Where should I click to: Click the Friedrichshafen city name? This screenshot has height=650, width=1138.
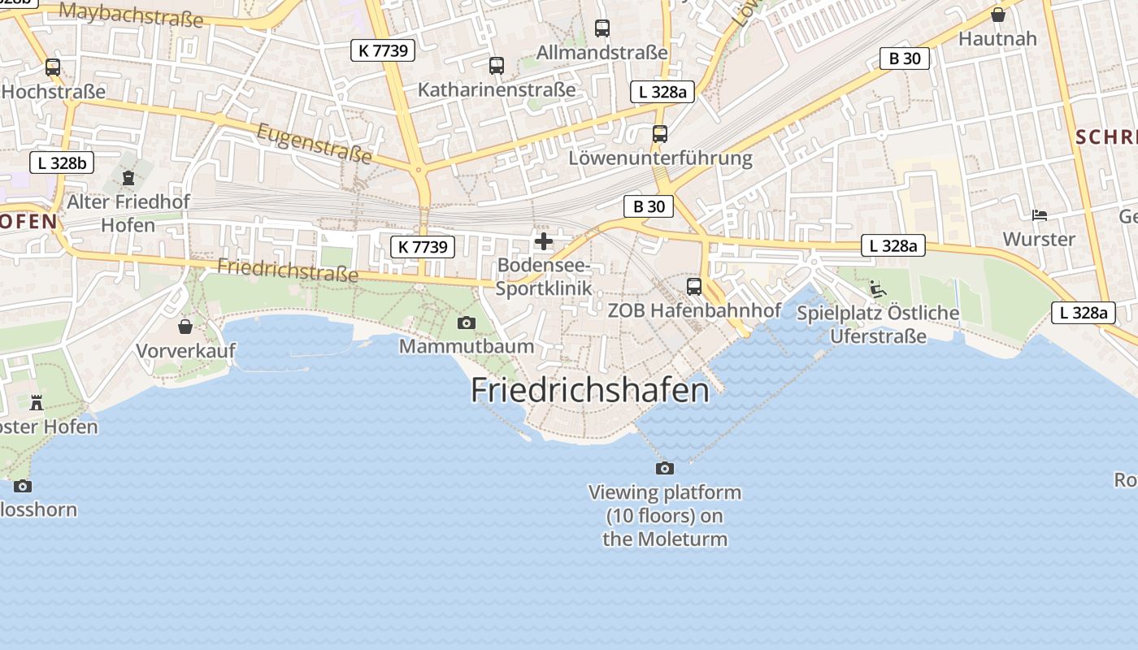pos(590,391)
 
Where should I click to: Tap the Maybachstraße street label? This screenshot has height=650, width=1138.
pos(131,14)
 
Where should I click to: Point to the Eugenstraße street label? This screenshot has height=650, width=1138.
pos(315,143)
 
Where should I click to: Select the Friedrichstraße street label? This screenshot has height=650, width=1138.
pos(288,270)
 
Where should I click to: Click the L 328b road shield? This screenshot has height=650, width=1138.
pos(62,162)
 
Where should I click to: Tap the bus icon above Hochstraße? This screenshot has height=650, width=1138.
pos(53,67)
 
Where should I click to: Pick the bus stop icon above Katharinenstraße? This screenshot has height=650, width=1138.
pos(497,66)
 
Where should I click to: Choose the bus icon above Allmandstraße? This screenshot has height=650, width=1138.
pos(602,28)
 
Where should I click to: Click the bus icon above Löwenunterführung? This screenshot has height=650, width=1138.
pos(660,134)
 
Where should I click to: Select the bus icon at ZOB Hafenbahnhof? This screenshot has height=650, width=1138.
pos(694,286)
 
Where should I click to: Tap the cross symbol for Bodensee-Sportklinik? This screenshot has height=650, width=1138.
pos(544,241)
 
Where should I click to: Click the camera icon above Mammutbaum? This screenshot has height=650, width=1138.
pos(467,323)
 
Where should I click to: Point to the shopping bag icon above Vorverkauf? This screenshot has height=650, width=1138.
pos(185,327)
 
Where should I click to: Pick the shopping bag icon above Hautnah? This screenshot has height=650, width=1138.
pos(998,15)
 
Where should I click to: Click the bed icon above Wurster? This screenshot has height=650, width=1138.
pos(1039,215)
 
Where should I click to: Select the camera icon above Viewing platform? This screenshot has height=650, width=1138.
pos(665,468)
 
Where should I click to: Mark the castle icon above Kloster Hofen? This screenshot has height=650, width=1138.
pos(36,402)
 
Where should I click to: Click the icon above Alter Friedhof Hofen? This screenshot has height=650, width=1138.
pos(128,177)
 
